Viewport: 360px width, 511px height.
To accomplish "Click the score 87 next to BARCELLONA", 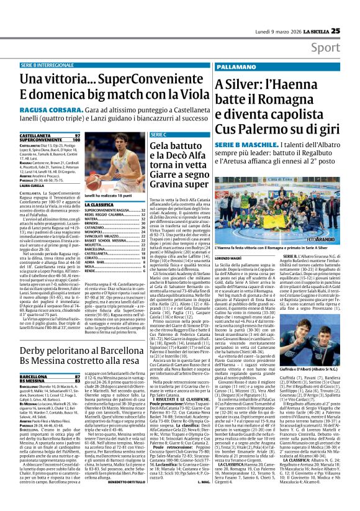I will point(76,376).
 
